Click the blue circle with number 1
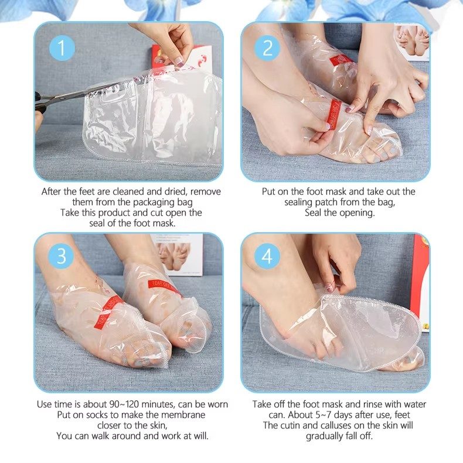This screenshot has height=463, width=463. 61,48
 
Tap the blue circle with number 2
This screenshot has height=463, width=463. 267,48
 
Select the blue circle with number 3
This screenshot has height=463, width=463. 61,256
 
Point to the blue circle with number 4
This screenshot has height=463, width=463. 267,256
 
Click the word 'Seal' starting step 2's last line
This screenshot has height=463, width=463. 314,213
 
